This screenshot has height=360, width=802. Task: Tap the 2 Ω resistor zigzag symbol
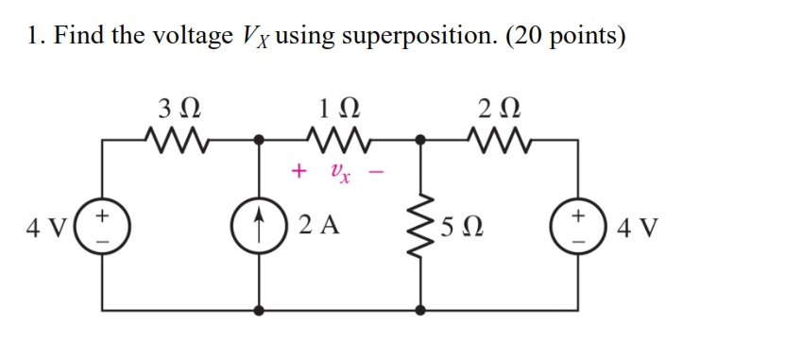coord(498,141)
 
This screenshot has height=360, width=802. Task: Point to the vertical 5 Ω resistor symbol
coord(419,227)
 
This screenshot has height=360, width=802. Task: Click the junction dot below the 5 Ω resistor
coord(419,309)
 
